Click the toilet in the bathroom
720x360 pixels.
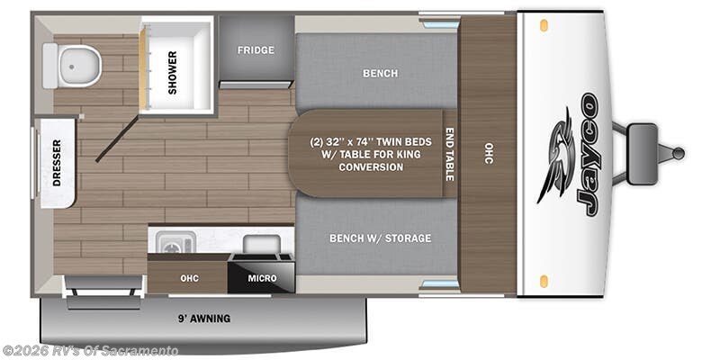[x=72, y=65]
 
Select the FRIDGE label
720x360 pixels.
[x=256, y=49]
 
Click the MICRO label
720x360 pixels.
[x=263, y=277]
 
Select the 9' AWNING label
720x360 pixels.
[x=203, y=318]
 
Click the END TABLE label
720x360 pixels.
[x=449, y=158]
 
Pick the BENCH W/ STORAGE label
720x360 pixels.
[x=379, y=238]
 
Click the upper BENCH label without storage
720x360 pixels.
[x=379, y=74]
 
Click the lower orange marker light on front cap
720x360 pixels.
[x=544, y=281]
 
